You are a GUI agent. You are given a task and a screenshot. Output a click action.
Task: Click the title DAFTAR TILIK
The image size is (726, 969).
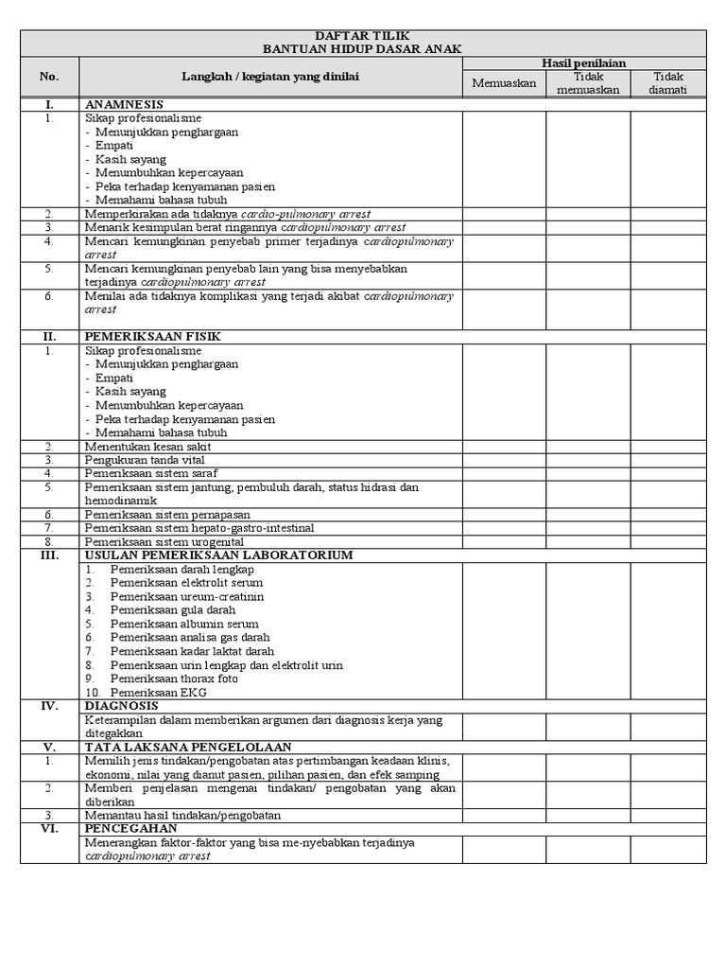coord(363,35)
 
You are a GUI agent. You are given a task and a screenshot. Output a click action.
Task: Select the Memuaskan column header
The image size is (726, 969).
coord(504,83)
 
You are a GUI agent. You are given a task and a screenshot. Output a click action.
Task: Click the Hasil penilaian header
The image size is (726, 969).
coord(583,62)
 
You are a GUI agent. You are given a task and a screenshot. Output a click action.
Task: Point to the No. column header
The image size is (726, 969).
coord(49,77)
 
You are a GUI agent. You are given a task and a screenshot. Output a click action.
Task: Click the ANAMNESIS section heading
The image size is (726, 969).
coord(124,104)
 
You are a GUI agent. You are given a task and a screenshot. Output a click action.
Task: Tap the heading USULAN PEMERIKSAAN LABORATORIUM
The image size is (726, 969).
coord(218,555)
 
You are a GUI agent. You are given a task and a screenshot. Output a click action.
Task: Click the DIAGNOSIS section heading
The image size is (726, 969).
coord(120,706)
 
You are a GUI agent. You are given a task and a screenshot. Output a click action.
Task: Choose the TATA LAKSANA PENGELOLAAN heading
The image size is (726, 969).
coord(187,748)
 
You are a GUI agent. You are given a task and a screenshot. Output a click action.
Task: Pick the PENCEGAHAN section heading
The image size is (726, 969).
coord(130,828)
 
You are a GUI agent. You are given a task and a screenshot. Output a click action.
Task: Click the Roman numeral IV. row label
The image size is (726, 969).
coord(49,706)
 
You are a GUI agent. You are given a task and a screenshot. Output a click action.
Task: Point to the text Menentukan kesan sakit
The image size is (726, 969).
coord(147,447)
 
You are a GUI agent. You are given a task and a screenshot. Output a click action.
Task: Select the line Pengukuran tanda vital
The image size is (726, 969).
coord(144,460)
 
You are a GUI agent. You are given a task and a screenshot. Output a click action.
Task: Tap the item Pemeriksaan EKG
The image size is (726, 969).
coord(158,693)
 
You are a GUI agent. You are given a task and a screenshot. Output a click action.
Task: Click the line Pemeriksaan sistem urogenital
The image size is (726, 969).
coord(164,542)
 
